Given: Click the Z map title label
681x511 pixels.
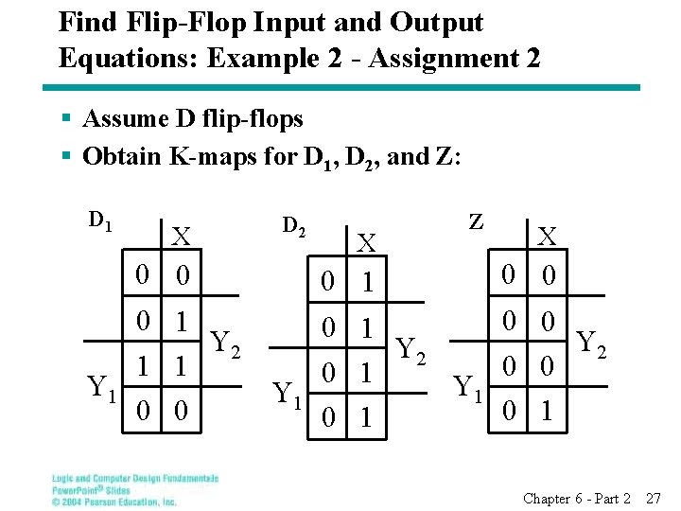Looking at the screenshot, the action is pyautogui.click(x=477, y=221).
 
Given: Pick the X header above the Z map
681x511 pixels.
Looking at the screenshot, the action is pyautogui.click(x=548, y=237).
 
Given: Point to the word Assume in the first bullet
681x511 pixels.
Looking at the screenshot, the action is pyautogui.click(x=123, y=119).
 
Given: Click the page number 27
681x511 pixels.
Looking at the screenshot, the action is pyautogui.click(x=653, y=498).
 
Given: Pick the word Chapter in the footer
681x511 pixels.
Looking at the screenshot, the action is pyautogui.click(x=547, y=498).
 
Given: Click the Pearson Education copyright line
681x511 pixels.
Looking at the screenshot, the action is pyautogui.click(x=113, y=502).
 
